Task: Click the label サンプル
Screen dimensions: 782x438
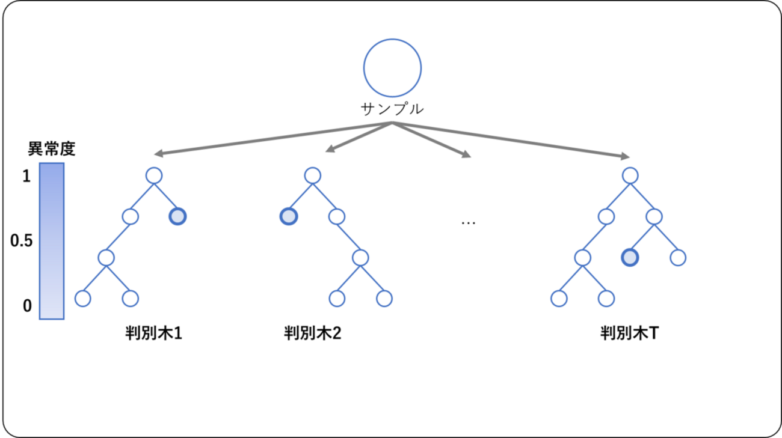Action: pos(392,109)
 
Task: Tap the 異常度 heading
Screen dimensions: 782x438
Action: pos(52,149)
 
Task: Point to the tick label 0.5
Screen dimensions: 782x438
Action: pos(21,240)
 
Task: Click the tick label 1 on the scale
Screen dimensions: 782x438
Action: pos(26,176)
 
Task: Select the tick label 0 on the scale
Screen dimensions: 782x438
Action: pos(27,306)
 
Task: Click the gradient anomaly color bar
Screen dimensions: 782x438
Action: pos(52,241)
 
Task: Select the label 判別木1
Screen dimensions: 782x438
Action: pos(154,333)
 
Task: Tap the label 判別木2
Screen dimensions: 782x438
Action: pos(312,333)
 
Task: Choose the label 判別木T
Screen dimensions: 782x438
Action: pos(630,333)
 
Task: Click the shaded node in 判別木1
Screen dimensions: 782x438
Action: pos(177,216)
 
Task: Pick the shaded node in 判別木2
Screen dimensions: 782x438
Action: pos(289,216)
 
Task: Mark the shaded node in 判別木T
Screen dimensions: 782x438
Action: pos(630,258)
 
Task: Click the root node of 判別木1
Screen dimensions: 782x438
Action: pos(154,175)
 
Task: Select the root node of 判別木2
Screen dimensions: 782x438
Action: pos(313,175)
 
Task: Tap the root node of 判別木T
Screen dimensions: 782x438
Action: pos(630,175)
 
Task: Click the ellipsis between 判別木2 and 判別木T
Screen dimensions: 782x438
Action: pos(469,223)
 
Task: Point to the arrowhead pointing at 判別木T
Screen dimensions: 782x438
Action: pos(625,156)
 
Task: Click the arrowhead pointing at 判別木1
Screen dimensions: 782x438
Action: pos(158,153)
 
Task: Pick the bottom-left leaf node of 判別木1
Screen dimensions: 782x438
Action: pos(83,299)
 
